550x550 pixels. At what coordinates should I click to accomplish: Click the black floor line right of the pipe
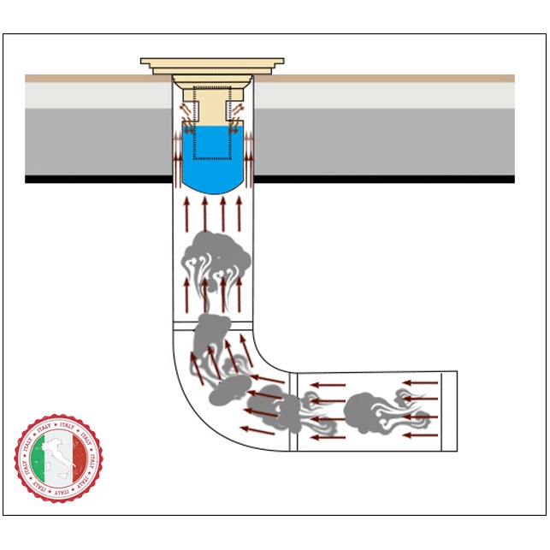[x=385, y=180]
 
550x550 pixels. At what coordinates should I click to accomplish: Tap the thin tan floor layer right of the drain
[x=385, y=78]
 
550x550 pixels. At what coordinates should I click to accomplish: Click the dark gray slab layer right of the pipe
[x=385, y=141]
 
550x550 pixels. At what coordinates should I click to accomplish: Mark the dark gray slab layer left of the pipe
[x=94, y=141]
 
